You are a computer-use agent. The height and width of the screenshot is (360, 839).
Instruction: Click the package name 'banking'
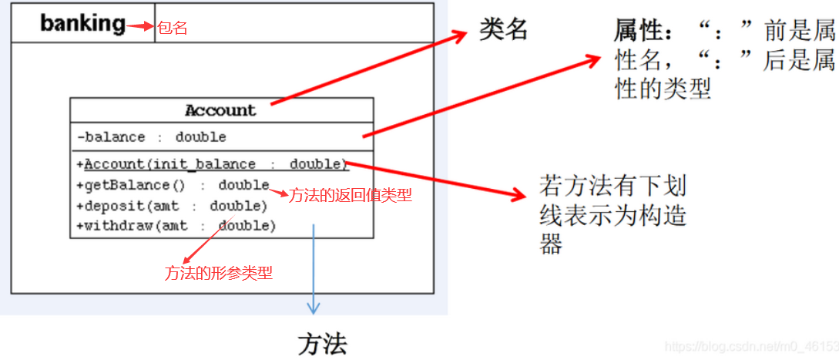pos(82,24)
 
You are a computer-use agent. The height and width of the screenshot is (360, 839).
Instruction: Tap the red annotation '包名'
pos(173,29)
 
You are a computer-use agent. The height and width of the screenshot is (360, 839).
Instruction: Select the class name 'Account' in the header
pos(220,110)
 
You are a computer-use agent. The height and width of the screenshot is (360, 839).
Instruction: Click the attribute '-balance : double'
pos(152,137)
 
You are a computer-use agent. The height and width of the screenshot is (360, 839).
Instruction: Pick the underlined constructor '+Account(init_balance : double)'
pos(212,164)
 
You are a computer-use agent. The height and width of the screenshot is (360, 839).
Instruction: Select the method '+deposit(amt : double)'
pos(172,206)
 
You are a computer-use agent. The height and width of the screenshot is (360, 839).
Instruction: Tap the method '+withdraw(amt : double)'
pos(176,226)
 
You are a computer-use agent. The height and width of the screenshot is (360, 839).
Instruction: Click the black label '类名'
pos(504,29)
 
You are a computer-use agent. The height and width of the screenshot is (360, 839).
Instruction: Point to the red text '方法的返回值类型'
pos(351,196)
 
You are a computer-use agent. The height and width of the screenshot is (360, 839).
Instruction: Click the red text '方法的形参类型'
pos(219,272)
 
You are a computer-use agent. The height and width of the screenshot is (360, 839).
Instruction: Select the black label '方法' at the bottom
pos(322,343)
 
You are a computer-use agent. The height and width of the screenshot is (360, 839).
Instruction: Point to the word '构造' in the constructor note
pos(659,216)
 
